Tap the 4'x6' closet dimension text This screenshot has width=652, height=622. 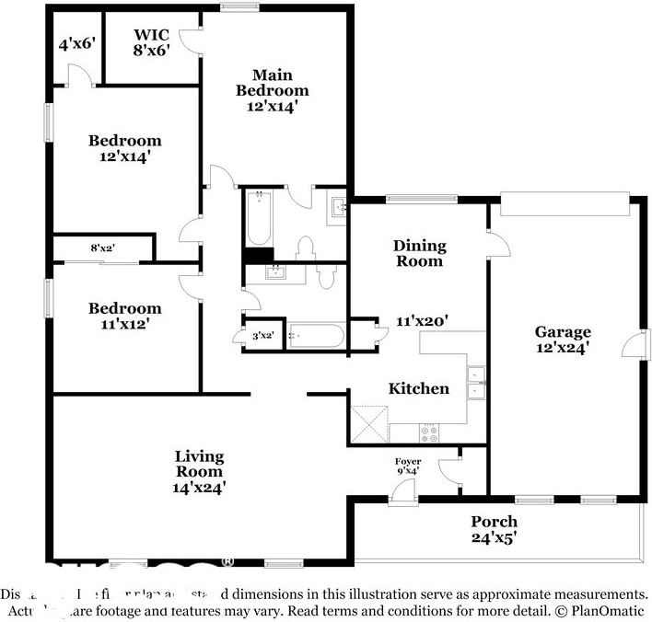tap(76, 43)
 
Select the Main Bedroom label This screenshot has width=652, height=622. tap(273, 90)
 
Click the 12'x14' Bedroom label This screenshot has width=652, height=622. tap(124, 148)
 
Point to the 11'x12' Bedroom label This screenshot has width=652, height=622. tap(124, 316)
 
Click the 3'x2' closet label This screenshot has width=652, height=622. tap(262, 336)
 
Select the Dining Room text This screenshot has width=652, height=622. tap(419, 253)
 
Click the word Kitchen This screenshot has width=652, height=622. tap(418, 388)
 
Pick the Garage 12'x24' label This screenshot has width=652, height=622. tap(562, 340)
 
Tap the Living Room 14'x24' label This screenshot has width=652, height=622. tap(199, 471)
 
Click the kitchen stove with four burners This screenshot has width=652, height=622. tap(430, 431)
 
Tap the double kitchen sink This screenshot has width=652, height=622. tap(477, 383)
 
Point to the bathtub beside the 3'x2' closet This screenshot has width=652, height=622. tap(316, 337)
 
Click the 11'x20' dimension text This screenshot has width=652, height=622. tap(421, 321)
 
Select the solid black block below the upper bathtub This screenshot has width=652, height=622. tap(259, 256)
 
